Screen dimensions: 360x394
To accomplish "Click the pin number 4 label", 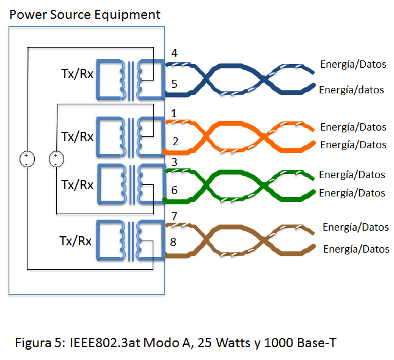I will coord(174,53).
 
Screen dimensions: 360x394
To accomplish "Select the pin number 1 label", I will coord(174,113).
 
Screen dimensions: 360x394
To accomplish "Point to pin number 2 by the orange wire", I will coord(175,142).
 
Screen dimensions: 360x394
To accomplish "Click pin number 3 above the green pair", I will coord(174,162).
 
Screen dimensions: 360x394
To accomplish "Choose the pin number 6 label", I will coord(175,190).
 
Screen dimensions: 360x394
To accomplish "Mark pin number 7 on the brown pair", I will coord(174,216).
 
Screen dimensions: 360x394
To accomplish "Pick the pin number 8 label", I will coord(173,242).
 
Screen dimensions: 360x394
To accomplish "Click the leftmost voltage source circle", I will coord(27,159).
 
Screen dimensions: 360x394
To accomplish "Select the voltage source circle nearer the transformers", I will coord(56,159).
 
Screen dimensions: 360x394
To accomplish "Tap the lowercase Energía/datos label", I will coord(351,90).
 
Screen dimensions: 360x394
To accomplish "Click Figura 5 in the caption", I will coord(40,343).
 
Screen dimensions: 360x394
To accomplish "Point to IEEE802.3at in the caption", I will coord(101,343).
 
